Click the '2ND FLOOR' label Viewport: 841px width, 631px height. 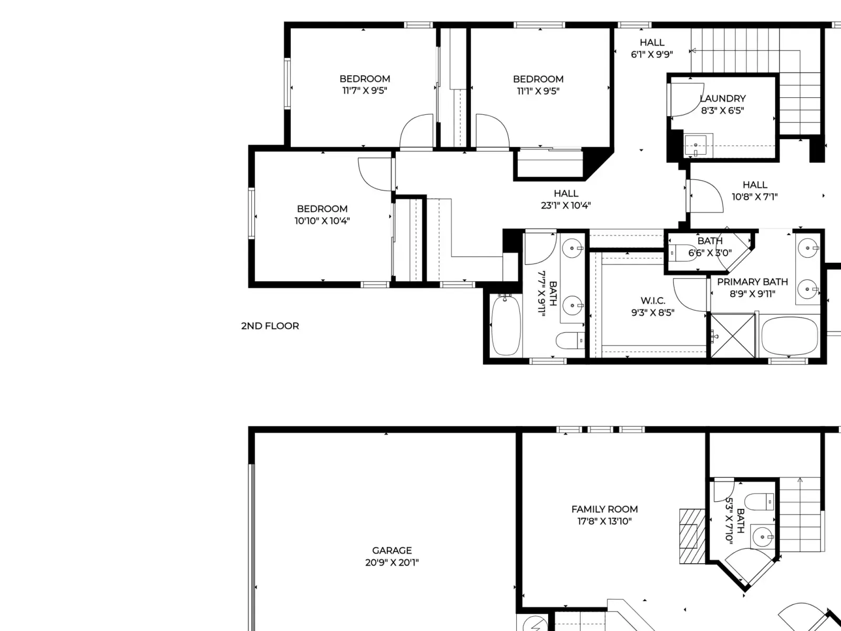[270, 326]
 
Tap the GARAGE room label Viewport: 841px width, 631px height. [392, 551]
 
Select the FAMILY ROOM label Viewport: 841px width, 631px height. [604, 509]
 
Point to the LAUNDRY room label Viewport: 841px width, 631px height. [723, 98]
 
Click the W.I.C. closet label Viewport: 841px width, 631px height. [653, 301]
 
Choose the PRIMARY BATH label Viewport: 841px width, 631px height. [753, 282]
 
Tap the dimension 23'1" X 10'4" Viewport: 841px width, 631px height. [566, 206]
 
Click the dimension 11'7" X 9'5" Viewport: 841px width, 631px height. [365, 90]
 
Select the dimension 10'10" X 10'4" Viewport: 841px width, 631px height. [322, 221]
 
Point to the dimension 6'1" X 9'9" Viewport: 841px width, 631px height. [652, 54]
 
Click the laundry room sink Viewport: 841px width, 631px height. [695, 145]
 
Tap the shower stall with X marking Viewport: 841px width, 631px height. [733, 336]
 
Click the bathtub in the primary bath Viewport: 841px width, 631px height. [789, 336]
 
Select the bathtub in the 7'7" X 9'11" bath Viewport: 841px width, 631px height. [506, 325]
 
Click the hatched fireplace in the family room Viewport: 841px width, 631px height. [692, 536]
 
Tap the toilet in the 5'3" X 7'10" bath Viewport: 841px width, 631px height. [759, 502]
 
